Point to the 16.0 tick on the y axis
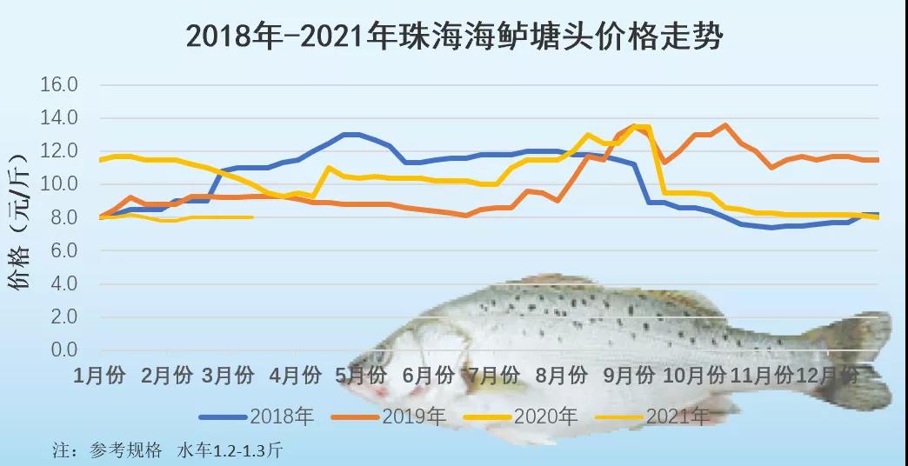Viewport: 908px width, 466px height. click(60, 85)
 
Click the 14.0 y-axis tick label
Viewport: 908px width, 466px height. click(60, 118)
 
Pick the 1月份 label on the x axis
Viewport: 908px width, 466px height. click(101, 376)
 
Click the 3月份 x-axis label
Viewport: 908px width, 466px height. click(228, 376)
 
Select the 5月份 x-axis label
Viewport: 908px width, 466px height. click(361, 376)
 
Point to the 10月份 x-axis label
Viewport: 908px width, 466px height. click(694, 376)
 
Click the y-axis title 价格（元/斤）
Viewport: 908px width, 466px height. click(23, 217)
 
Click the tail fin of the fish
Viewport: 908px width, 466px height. click(852, 356)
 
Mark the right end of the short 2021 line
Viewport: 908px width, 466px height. click(252, 217)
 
